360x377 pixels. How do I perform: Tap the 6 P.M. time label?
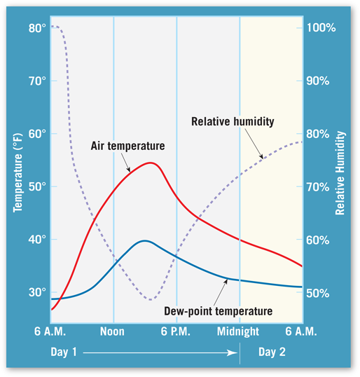[176, 330]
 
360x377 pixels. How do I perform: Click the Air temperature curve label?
[127, 146]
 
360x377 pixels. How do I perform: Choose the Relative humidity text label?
[233, 121]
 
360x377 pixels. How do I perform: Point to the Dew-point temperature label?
[219, 310]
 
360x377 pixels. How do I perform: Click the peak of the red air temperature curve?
[150, 163]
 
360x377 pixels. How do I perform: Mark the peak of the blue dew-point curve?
[144, 240]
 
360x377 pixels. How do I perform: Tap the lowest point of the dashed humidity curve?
[151, 300]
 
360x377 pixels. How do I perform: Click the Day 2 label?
[272, 352]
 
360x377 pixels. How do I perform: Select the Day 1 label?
[64, 352]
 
